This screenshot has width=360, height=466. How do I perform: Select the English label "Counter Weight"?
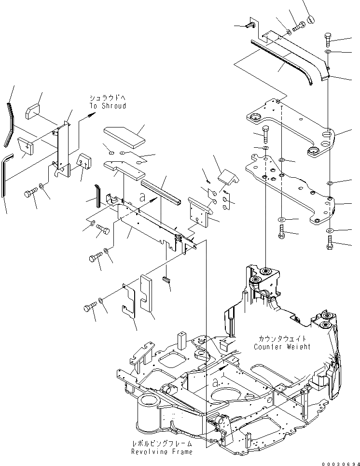click(282, 347)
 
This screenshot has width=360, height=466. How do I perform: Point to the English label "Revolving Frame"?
click(162, 452)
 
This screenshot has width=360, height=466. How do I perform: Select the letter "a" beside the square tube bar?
click(142, 197)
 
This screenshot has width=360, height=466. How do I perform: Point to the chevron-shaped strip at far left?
click(10, 124)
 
